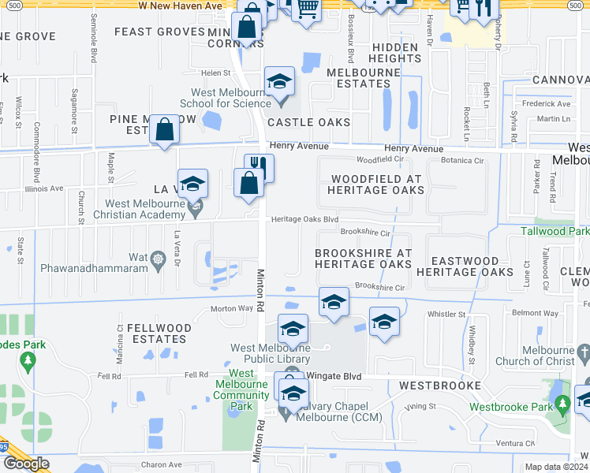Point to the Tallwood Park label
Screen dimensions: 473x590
click(555, 231)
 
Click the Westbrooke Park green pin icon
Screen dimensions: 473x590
click(562, 405)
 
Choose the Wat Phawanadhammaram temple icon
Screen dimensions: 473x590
click(158, 258)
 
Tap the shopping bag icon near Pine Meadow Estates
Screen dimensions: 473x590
click(164, 131)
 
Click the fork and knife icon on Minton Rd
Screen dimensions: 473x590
click(259, 166)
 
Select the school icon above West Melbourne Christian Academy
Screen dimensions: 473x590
click(192, 184)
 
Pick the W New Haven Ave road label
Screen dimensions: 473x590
click(181, 6)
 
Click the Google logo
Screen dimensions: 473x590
click(26, 464)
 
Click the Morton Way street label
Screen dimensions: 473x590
click(231, 309)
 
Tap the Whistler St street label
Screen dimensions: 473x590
click(446, 314)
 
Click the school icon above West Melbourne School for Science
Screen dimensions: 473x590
click(278, 81)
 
